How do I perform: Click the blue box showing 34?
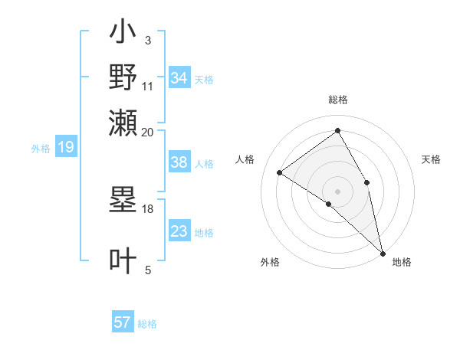click(179, 78)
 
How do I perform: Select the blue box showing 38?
click(179, 163)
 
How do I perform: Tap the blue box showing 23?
click(179, 231)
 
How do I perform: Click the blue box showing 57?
click(123, 322)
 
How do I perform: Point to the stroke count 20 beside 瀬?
click(147, 132)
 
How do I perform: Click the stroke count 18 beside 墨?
click(147, 208)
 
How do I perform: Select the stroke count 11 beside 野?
click(147, 86)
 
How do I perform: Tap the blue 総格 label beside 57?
click(148, 324)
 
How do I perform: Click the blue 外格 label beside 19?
click(41, 149)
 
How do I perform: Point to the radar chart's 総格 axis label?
click(337, 100)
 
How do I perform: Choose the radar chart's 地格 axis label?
click(402, 262)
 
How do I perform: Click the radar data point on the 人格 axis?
click(280, 172)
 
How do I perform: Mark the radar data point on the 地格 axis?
click(383, 252)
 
